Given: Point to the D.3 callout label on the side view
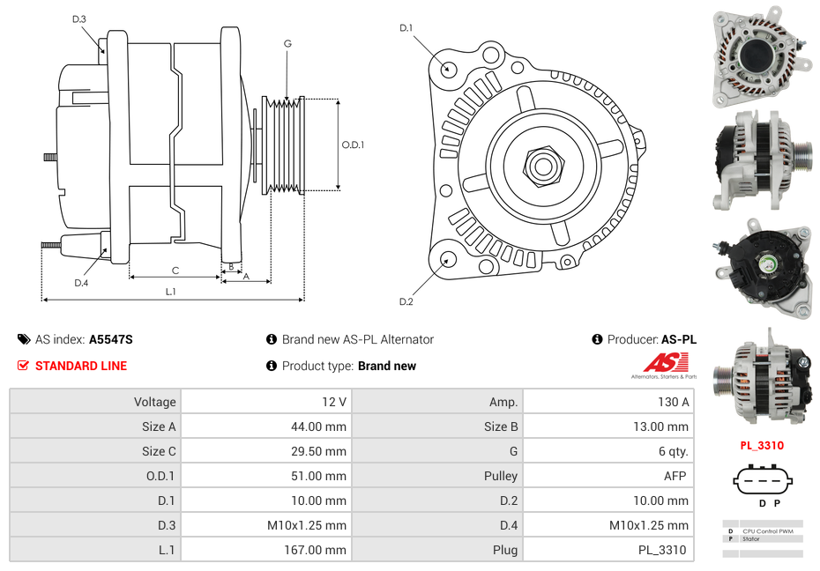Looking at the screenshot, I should click(79, 19).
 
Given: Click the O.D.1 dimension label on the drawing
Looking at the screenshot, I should click(354, 145).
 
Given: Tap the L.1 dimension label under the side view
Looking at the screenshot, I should click(171, 292).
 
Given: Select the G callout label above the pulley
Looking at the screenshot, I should click(287, 43).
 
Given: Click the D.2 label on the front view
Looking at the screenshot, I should click(406, 301).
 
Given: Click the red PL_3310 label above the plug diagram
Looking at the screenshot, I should click(762, 446).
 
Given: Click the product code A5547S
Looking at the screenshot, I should click(111, 339).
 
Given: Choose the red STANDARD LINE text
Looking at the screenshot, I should click(81, 366).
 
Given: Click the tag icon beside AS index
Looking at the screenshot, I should click(23, 339).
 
